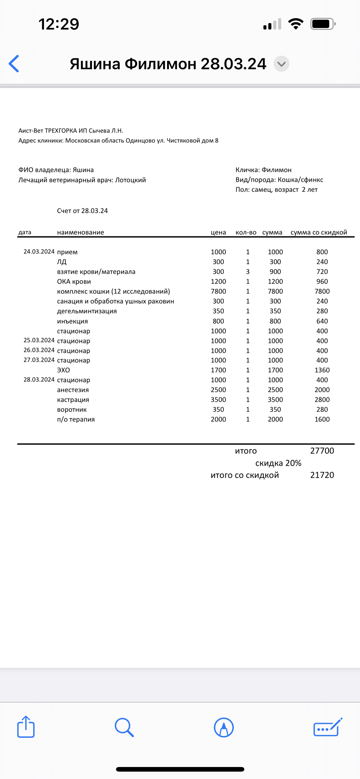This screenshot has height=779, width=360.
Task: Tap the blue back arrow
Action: (14, 64)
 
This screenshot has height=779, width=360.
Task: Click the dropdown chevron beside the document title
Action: (281, 64)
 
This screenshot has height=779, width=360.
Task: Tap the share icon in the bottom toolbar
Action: (26, 727)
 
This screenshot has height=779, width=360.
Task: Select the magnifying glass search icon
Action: (124, 727)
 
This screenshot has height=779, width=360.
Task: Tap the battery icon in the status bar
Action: (322, 24)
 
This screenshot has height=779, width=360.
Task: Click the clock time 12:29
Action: (59, 24)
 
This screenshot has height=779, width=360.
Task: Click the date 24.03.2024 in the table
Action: (39, 252)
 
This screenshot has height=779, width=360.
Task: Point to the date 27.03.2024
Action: (39, 360)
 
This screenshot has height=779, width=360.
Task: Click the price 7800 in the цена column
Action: (218, 291)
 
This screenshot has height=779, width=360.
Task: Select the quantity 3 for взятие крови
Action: (248, 272)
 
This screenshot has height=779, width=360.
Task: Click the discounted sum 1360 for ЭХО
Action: (322, 370)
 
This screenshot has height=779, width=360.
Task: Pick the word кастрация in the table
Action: (73, 400)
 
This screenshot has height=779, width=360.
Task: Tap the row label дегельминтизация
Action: (87, 311)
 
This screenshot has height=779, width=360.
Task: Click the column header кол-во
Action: (246, 233)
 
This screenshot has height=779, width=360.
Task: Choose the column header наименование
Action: (81, 233)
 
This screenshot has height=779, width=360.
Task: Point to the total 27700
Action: (322, 451)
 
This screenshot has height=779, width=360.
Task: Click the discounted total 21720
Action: (322, 475)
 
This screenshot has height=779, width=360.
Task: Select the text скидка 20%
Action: (278, 463)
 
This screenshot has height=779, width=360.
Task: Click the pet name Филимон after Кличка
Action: (276, 170)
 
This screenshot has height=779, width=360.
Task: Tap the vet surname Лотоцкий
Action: (130, 180)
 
